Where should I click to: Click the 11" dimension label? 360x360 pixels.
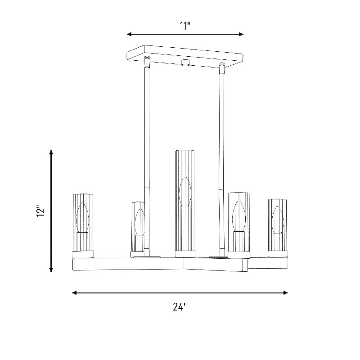click(x=185, y=26)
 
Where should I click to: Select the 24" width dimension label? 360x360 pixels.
click(x=180, y=307)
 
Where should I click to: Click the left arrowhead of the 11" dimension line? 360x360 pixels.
click(x=129, y=34)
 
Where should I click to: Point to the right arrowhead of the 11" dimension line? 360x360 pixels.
click(x=241, y=34)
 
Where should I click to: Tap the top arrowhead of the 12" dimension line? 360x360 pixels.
click(x=51, y=153)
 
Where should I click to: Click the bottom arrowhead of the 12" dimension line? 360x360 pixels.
click(x=51, y=270)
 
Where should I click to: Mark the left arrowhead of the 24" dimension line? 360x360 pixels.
click(x=74, y=292)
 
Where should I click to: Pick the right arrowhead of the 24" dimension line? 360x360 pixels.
click(x=285, y=292)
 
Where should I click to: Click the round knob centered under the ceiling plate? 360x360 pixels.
click(x=185, y=63)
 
